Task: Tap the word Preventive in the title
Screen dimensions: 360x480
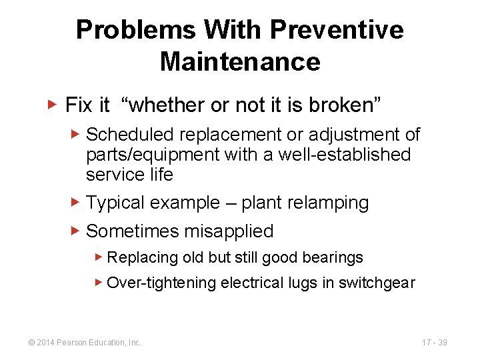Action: (x=337, y=30)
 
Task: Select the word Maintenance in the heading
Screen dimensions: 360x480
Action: (x=240, y=62)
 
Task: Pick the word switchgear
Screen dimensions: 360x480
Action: (x=377, y=283)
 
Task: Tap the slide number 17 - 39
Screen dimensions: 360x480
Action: (x=435, y=343)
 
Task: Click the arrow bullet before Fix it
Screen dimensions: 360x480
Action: (x=54, y=104)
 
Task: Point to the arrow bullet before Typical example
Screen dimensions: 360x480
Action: (x=75, y=202)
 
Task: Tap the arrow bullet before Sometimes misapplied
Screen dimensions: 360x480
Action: (x=75, y=231)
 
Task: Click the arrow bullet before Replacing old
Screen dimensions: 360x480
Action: (x=98, y=257)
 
